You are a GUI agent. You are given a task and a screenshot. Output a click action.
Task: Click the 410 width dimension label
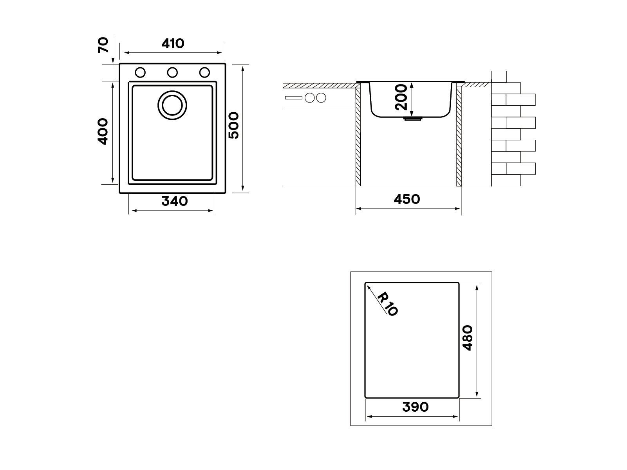[x=173, y=43]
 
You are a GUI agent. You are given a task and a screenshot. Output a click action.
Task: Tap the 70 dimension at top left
[x=103, y=45]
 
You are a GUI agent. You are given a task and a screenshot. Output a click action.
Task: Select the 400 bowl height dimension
[x=103, y=131]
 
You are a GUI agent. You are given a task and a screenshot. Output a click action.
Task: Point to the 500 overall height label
[x=233, y=125]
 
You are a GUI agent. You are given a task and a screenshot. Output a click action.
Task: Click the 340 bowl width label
[x=175, y=201]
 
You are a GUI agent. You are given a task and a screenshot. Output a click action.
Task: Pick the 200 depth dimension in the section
[x=401, y=97]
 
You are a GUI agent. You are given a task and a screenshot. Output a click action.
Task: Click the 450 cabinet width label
[x=407, y=199]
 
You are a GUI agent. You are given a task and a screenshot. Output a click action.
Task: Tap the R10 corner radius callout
[x=388, y=304]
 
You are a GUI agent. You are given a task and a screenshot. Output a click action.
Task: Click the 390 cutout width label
[x=416, y=407]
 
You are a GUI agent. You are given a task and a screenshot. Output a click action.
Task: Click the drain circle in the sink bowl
[x=172, y=105]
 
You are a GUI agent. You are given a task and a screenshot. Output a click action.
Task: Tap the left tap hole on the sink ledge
[x=140, y=72]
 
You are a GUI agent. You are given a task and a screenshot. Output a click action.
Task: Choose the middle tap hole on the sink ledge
[x=172, y=72]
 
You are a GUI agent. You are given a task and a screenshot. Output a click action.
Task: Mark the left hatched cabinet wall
[x=358, y=137]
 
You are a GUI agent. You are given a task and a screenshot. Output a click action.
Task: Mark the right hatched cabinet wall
[x=459, y=137]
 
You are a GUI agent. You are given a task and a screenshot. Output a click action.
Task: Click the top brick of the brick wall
[x=499, y=76]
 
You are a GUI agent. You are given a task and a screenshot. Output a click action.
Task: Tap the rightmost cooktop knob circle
[x=321, y=98]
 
